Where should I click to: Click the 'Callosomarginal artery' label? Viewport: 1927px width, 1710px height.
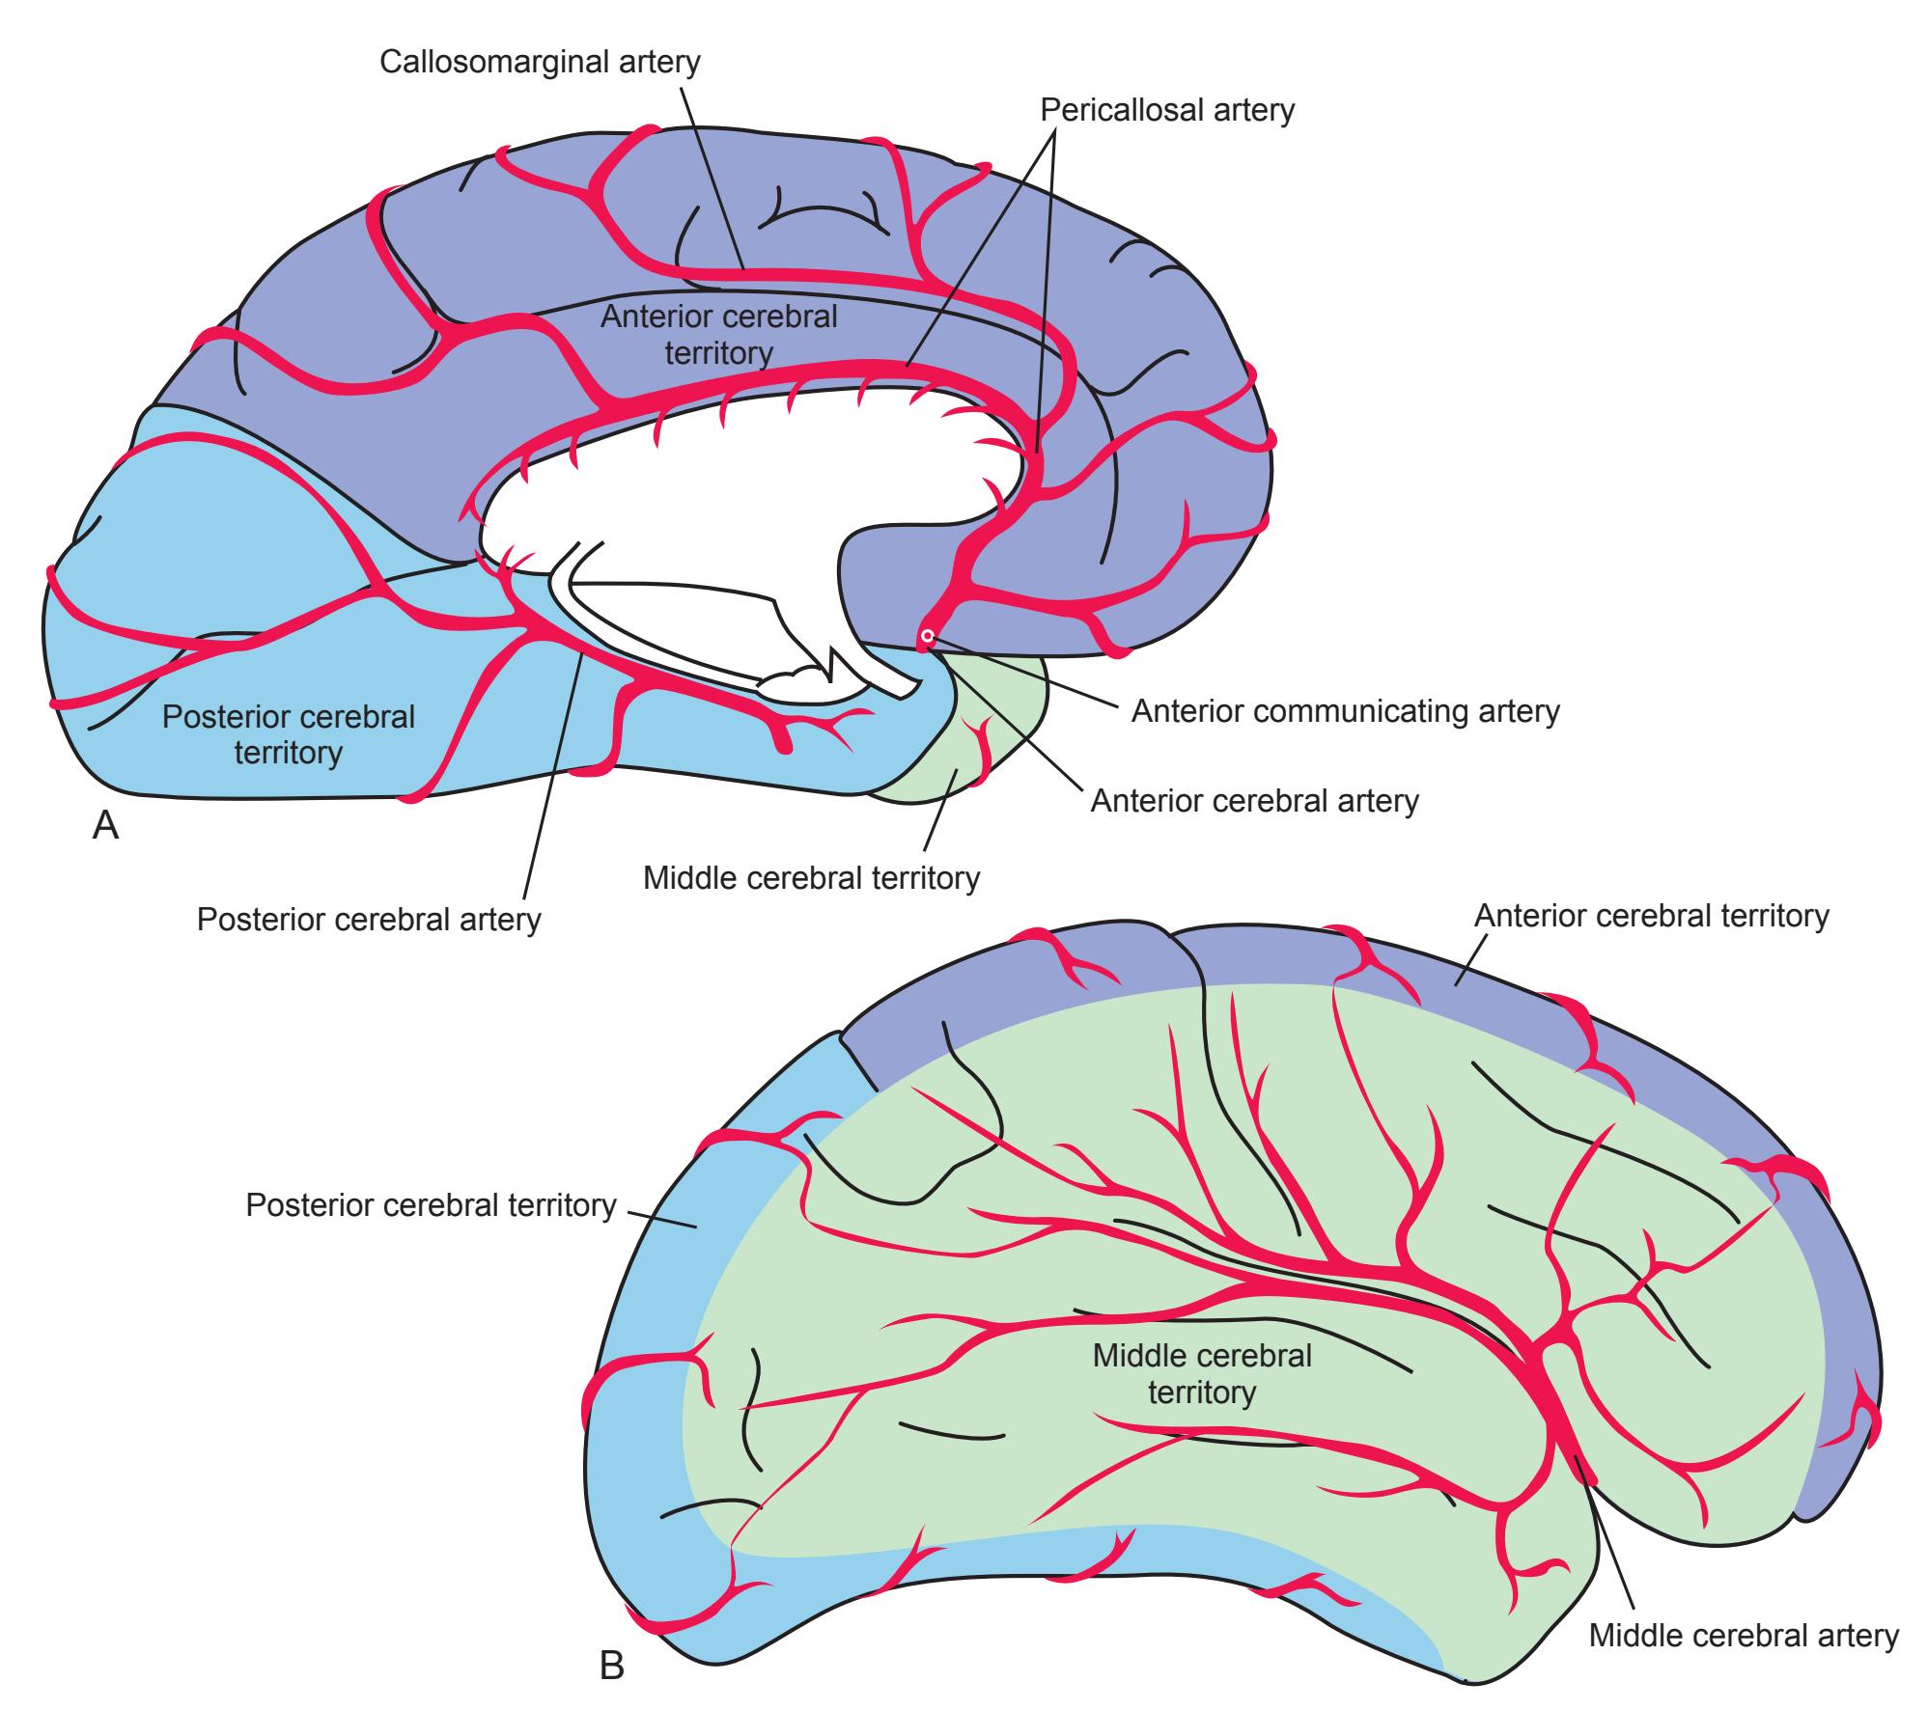(540, 62)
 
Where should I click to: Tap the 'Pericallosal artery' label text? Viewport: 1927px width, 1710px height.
(1166, 110)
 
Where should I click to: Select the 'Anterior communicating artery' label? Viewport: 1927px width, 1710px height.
(1345, 711)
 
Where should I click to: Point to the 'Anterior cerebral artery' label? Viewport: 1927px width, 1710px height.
(1254, 800)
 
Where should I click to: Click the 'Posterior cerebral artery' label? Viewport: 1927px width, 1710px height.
(369, 919)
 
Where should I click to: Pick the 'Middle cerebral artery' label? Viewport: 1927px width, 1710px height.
(1744, 1635)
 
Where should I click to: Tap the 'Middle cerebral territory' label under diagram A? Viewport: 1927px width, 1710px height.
(811, 878)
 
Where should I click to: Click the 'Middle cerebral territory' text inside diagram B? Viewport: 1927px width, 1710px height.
(1202, 1373)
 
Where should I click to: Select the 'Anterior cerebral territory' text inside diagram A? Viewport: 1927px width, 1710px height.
(718, 334)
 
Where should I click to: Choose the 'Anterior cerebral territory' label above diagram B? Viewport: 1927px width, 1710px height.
(1651, 915)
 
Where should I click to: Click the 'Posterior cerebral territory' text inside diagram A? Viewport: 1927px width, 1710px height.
(288, 733)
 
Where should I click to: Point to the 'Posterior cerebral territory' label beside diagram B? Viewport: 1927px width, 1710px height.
(431, 1204)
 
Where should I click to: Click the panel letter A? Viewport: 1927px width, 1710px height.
(105, 826)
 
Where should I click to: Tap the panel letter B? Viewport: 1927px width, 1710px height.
(612, 1665)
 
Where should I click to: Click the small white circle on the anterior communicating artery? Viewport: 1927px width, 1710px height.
(927, 636)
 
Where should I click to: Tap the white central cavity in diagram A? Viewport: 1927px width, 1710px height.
(734, 502)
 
